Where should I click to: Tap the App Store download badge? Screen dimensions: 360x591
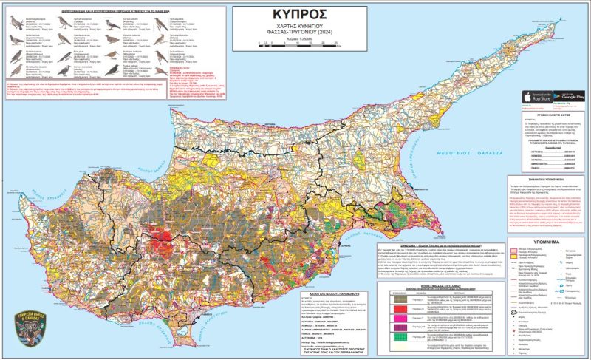pos(535,97)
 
